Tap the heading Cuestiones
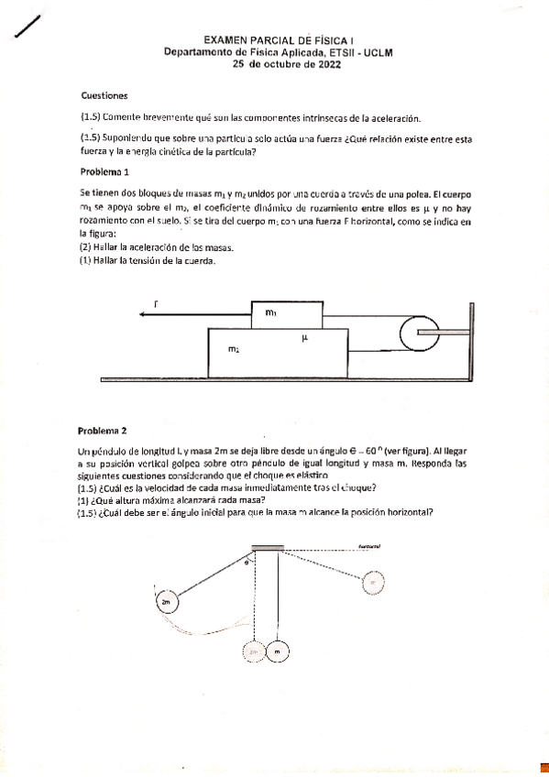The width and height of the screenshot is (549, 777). coord(104,95)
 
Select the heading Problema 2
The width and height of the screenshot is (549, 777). coord(105,430)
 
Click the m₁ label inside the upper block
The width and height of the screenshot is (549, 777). coord(270,313)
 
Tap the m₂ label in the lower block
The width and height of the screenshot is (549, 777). coord(235,349)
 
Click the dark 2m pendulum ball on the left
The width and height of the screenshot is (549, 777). coord(165,602)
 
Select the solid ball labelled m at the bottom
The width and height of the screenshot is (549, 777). coord(278,652)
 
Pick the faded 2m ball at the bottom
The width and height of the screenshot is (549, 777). coord(256,652)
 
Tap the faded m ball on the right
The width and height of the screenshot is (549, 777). coord(373,582)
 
